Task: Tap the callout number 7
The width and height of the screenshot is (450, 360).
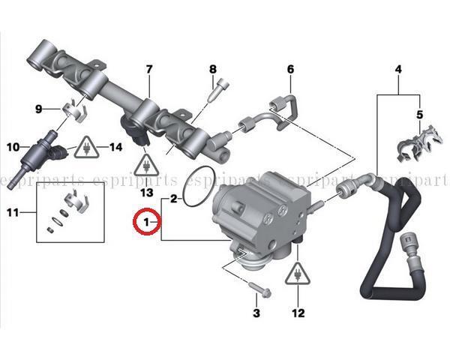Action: [149, 70]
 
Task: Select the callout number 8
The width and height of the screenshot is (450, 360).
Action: [213, 69]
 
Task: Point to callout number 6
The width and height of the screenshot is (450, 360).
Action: [290, 69]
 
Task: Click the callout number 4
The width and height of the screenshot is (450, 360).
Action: [398, 69]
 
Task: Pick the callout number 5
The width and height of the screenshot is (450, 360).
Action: [419, 115]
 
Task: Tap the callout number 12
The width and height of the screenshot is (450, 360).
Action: [298, 313]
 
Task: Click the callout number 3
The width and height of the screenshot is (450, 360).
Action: [256, 313]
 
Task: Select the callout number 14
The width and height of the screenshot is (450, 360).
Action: [116, 147]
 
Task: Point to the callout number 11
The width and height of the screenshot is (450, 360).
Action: [13, 213]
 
